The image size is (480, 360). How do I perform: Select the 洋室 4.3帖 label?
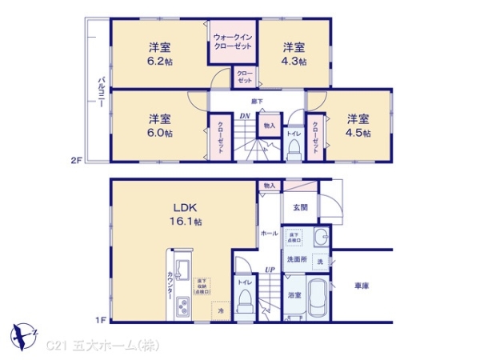(x=293, y=54)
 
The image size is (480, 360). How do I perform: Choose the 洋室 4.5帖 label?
(x=358, y=126)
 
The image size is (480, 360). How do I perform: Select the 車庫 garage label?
(x=361, y=286)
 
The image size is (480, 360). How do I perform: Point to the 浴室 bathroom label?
(x=294, y=295)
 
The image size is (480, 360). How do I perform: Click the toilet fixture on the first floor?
(x=246, y=303)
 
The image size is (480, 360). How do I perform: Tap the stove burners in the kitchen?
(x=182, y=306)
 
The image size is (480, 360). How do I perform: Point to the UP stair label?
(x=270, y=270)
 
